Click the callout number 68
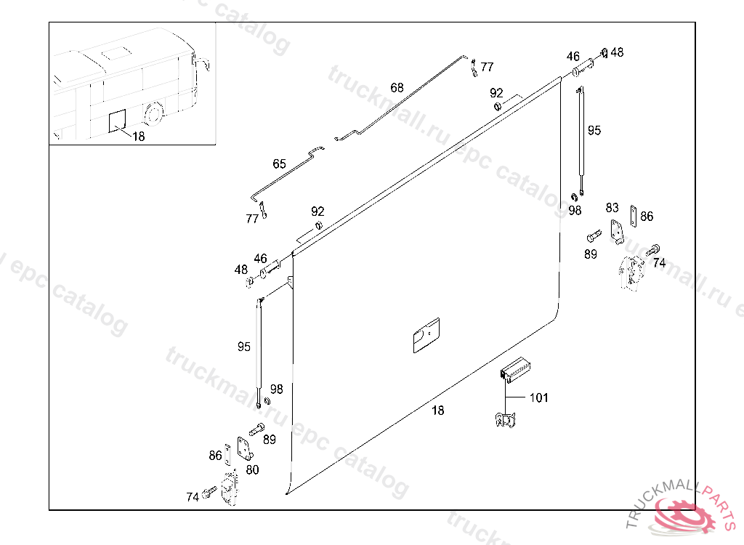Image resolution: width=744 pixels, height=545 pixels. click(x=397, y=87)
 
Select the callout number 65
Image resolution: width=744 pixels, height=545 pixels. click(x=279, y=163)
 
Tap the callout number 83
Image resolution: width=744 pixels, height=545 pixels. click(x=612, y=207)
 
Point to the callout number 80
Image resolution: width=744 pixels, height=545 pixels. click(x=252, y=469)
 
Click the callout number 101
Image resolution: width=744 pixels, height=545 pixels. click(x=538, y=397)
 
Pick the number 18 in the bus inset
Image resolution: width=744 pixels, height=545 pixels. click(x=138, y=137)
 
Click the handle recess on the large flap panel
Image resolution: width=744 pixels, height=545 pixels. click(x=426, y=335)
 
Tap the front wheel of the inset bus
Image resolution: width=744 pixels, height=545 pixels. click(x=153, y=114)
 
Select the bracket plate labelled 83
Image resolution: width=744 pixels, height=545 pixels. click(x=617, y=232)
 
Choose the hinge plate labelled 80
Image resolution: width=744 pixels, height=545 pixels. click(x=245, y=449)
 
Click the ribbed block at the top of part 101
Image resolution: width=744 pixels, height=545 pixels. click(x=515, y=369)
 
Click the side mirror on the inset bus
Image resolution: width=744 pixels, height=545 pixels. click(x=205, y=64)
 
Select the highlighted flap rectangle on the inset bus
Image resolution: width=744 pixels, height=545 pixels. click(x=117, y=121)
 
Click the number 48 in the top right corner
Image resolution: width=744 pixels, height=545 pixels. click(x=617, y=52)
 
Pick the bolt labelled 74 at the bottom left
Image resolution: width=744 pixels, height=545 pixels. click(x=209, y=492)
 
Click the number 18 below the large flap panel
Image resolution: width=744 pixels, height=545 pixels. click(x=437, y=410)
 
